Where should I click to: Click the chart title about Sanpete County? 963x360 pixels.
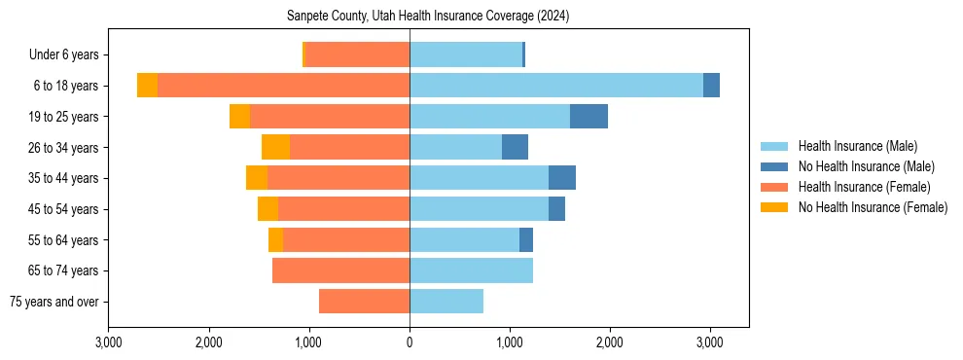coord(428,17)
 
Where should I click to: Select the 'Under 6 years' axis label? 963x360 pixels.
coord(64,54)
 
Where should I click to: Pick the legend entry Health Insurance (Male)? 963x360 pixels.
coord(857,146)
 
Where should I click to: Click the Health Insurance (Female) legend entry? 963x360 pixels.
coord(864,187)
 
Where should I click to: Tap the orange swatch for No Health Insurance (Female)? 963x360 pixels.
coord(775,207)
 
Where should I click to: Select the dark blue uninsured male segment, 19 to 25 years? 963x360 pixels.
coord(588,116)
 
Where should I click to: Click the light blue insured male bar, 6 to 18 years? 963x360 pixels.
coord(556,86)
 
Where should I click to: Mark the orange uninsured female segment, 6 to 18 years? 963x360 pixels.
coord(147,86)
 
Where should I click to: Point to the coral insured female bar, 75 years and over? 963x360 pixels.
coord(364,302)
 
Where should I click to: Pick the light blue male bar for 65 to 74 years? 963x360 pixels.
coord(471,270)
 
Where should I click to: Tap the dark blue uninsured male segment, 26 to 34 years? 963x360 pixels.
coord(515,147)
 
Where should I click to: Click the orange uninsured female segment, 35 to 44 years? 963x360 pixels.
coord(257,178)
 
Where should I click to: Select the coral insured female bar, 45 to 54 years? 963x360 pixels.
coord(343,209)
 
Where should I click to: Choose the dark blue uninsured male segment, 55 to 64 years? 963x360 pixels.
coord(526,239)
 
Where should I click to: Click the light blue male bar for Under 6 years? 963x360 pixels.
coord(466,54)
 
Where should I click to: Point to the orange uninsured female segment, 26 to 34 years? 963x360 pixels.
coord(275,147)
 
